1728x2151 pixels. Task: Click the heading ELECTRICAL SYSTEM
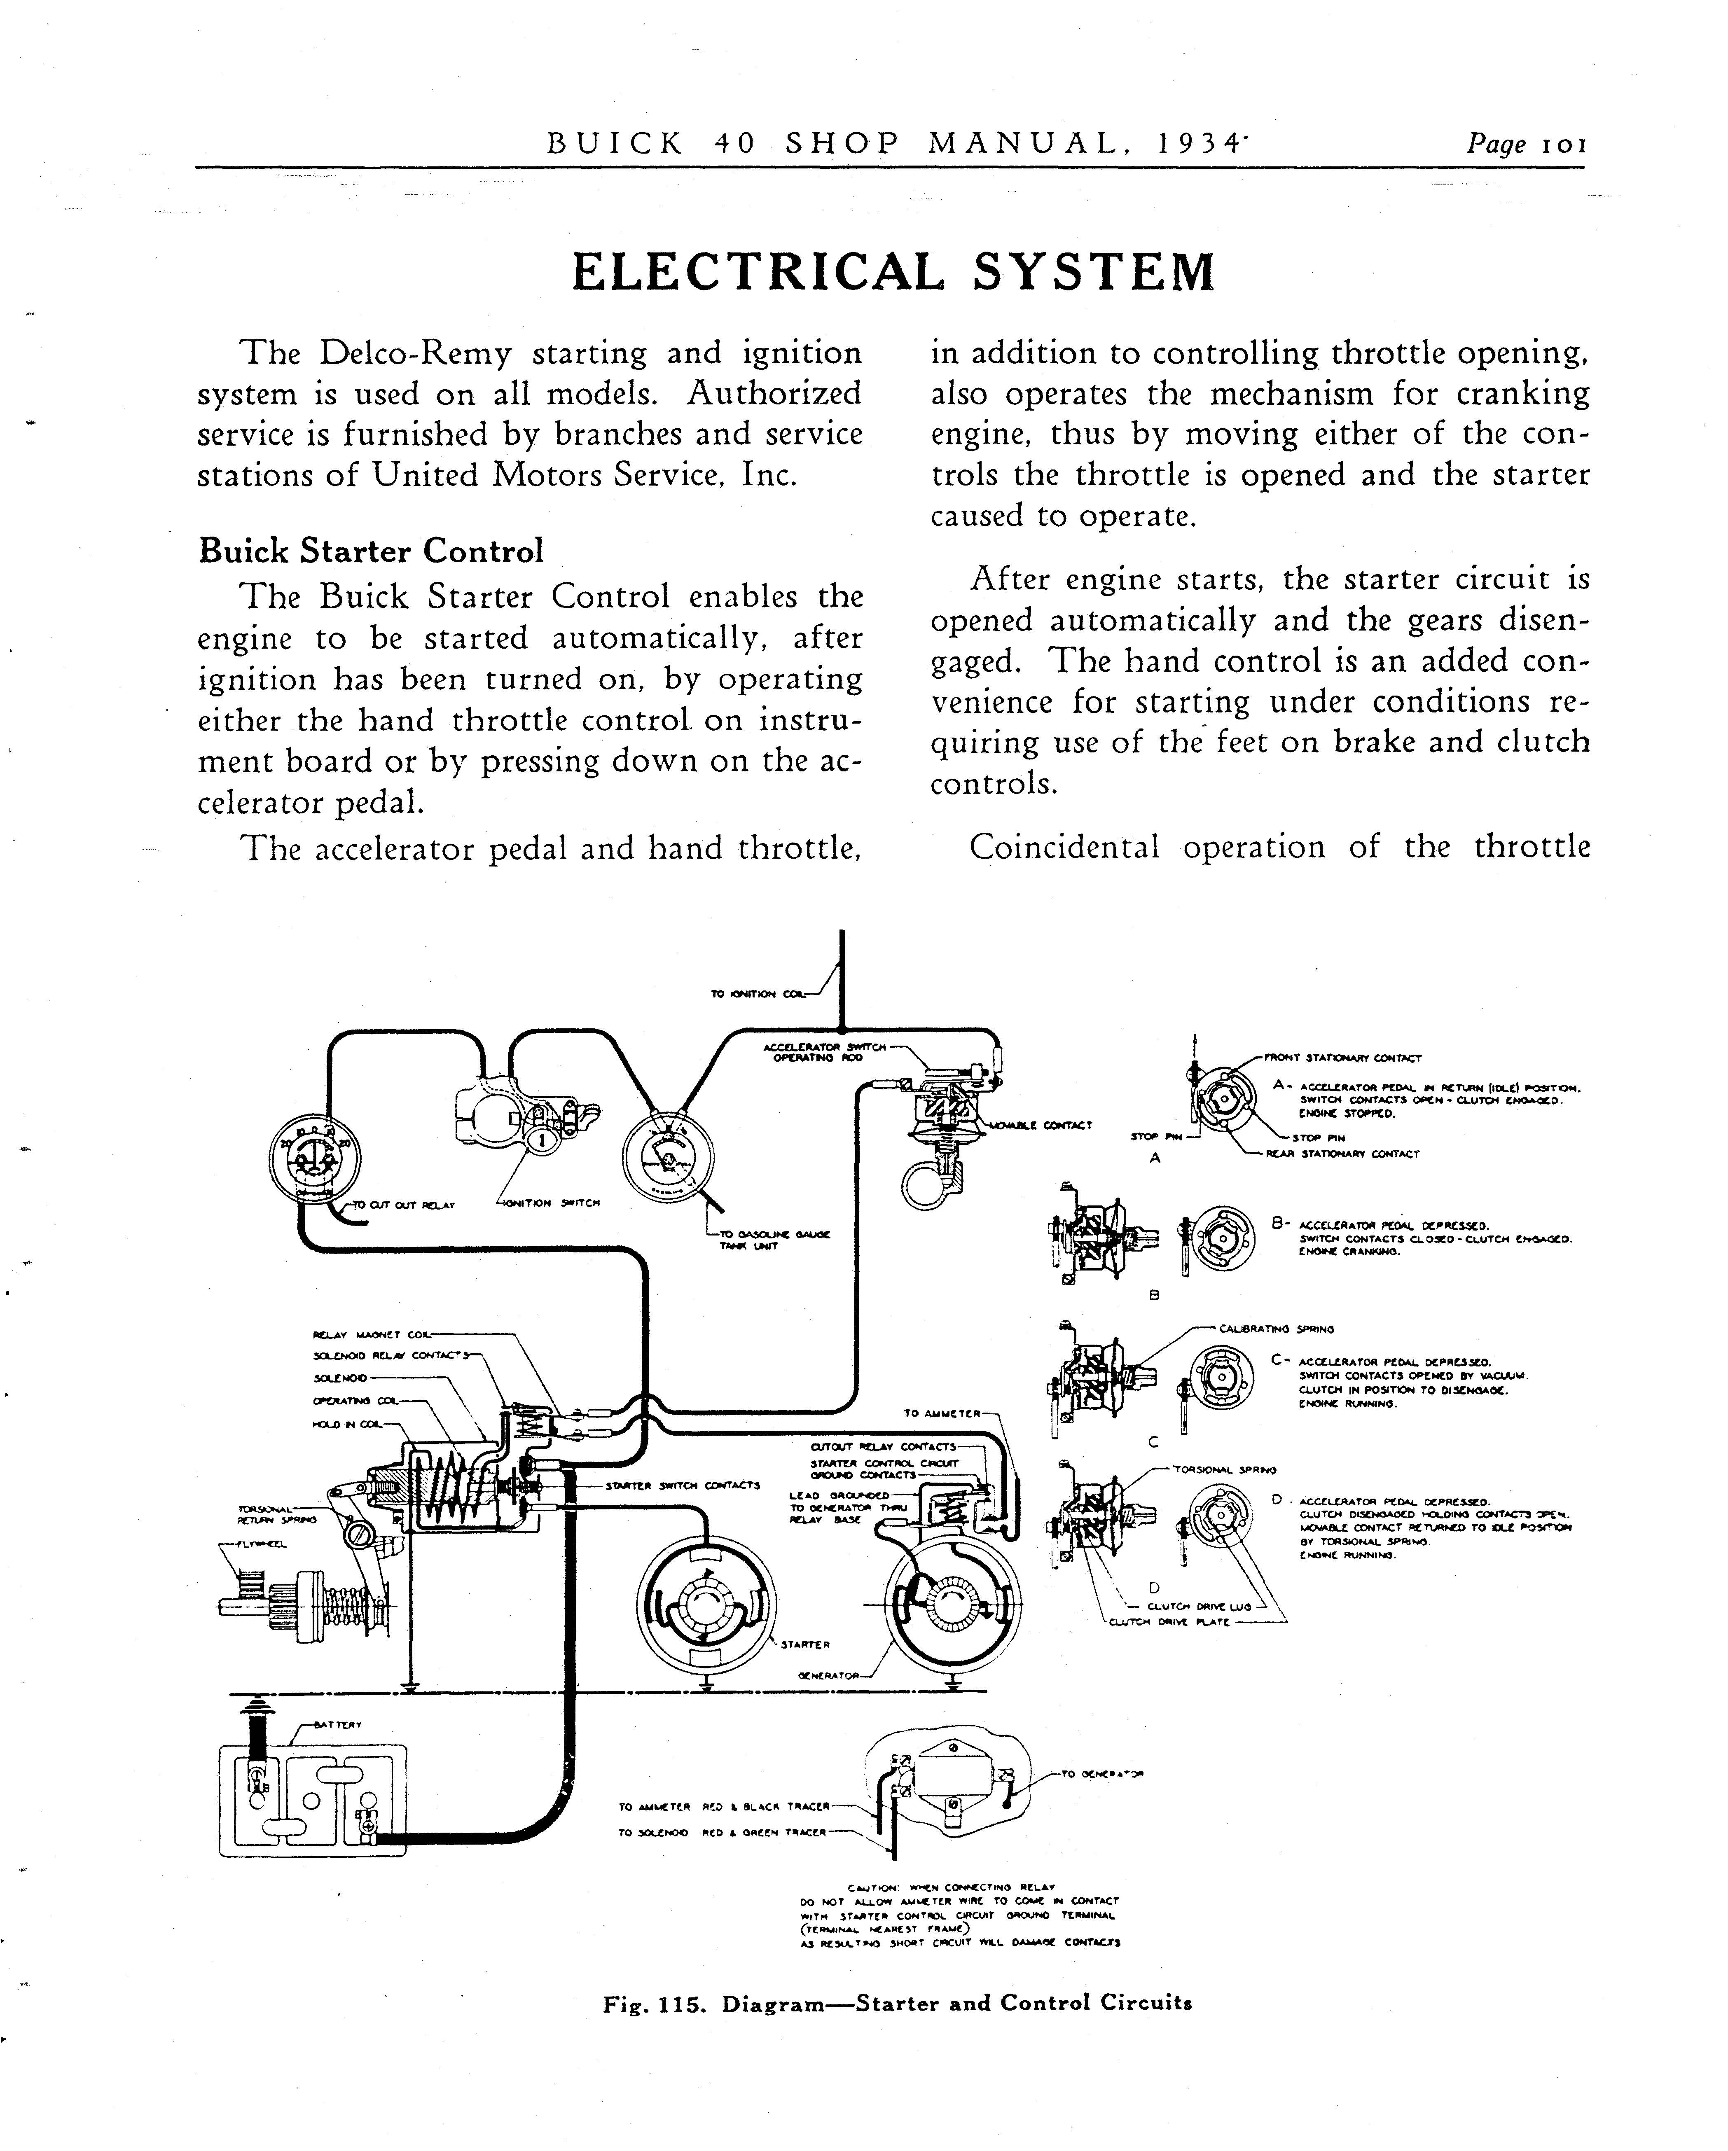(893, 271)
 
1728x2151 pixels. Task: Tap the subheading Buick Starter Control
(371, 551)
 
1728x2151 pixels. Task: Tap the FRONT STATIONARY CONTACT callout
(1342, 1058)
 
